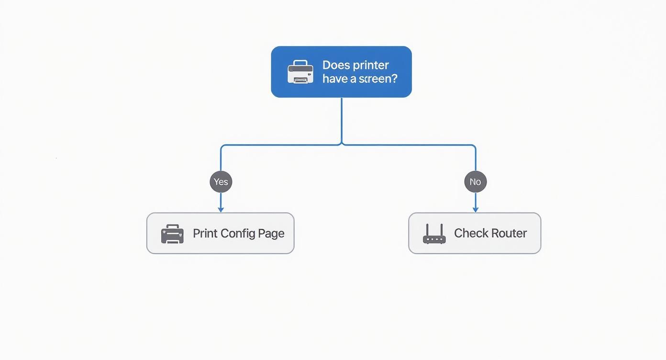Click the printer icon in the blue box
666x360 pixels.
click(300, 72)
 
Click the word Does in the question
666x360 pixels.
click(336, 65)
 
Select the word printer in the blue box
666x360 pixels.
click(371, 65)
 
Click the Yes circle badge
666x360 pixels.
click(221, 182)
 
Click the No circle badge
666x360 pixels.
click(475, 182)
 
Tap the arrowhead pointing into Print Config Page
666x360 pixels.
click(221, 209)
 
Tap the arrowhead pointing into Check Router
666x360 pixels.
click(475, 209)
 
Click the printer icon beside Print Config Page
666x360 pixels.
click(172, 234)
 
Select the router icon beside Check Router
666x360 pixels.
click(434, 234)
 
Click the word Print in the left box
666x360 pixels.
click(205, 233)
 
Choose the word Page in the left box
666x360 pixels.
click(271, 233)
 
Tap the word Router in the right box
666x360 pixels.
click(509, 233)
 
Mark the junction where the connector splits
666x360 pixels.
click(342, 144)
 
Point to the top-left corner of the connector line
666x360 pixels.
click(222, 146)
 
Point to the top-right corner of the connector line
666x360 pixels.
click(475, 146)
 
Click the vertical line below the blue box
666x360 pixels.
click(342, 120)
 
